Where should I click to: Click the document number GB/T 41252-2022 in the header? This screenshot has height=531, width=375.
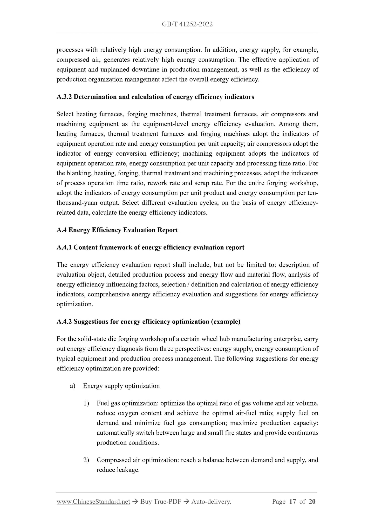187,24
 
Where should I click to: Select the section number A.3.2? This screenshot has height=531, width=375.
64,97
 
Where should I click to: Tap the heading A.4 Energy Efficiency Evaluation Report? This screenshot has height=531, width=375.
117,230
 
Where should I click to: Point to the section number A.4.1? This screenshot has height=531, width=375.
64,247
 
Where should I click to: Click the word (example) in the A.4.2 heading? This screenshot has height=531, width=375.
226,321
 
